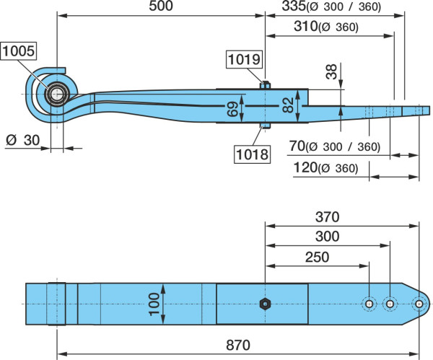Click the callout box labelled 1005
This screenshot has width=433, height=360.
(19, 51)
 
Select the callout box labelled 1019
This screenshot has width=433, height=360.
(244, 59)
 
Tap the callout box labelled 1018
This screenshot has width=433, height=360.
(252, 154)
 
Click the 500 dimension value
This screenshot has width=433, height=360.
(161, 6)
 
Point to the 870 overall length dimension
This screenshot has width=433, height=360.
(238, 346)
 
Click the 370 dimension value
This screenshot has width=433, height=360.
(327, 217)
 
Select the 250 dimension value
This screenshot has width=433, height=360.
(317, 257)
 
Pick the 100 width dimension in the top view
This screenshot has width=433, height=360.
(154, 304)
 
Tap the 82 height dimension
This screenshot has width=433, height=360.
(289, 105)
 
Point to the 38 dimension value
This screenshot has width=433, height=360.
(331, 71)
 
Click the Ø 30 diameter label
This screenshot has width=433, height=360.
(23, 141)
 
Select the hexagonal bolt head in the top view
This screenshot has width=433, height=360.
(265, 304)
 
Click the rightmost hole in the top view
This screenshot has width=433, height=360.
(419, 304)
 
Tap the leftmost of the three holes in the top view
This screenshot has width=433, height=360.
(369, 304)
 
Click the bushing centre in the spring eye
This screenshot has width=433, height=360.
(57, 95)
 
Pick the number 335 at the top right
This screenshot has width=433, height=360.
(294, 6)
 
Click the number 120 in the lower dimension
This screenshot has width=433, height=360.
(305, 167)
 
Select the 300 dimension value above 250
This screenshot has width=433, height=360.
(327, 237)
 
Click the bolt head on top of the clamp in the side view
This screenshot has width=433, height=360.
(265, 85)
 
